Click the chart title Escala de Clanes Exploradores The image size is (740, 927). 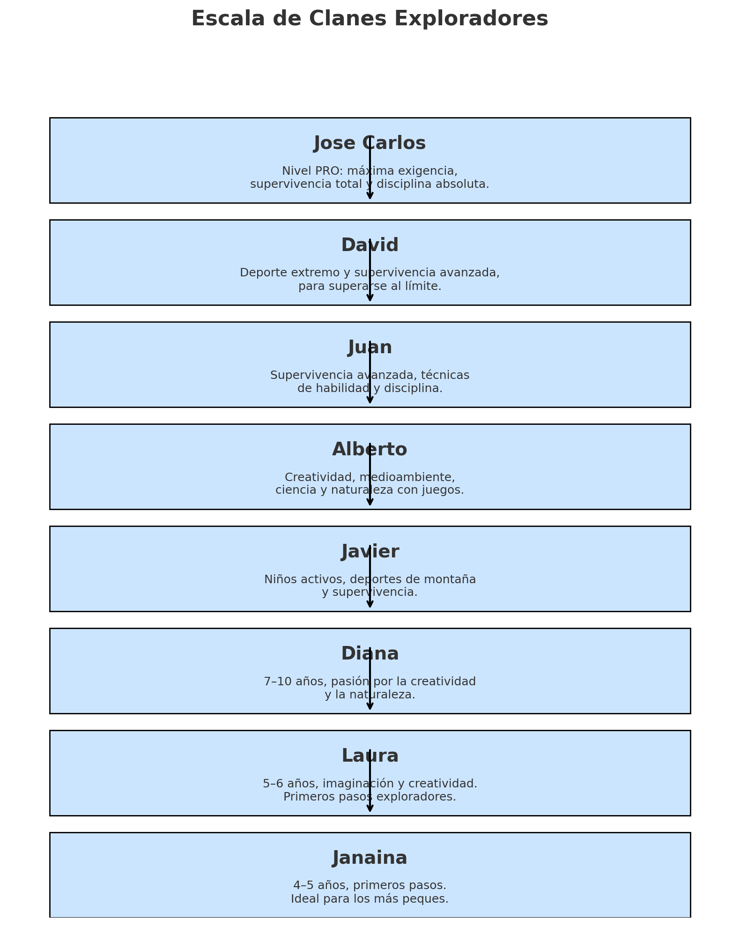pyautogui.click(x=370, y=19)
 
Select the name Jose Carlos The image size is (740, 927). pyautogui.click(x=370, y=143)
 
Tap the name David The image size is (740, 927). pyautogui.click(x=370, y=245)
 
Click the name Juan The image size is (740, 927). pyautogui.click(x=370, y=348)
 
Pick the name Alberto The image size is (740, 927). pyautogui.click(x=370, y=450)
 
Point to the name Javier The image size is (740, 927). pyautogui.click(x=370, y=552)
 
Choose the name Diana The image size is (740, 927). pyautogui.click(x=370, y=654)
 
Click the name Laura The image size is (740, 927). pyautogui.click(x=370, y=756)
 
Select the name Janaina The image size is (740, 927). pyautogui.click(x=370, y=858)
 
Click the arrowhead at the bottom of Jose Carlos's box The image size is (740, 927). pyautogui.click(x=370, y=196)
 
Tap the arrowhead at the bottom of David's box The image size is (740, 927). pyautogui.click(x=370, y=298)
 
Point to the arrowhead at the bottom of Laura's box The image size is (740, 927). pyautogui.click(x=370, y=808)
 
